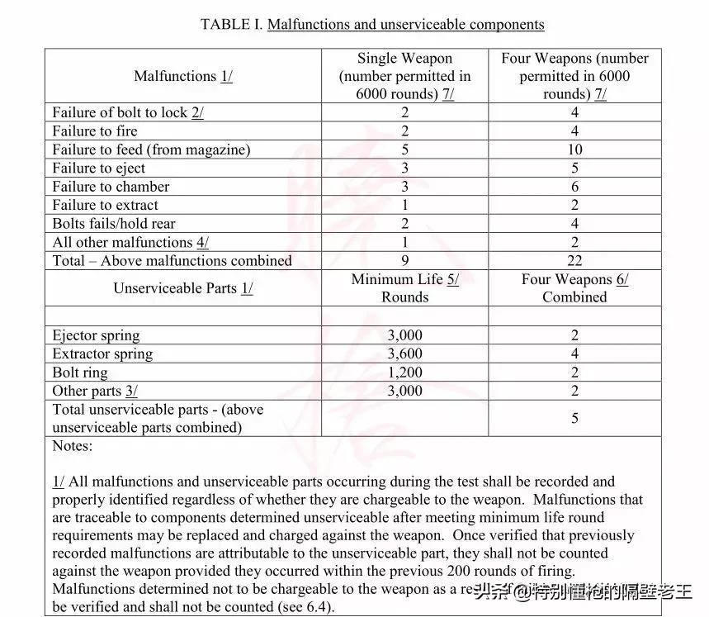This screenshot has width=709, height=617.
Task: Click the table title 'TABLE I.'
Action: pos(231,24)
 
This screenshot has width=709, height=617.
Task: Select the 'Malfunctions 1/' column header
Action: pos(183,76)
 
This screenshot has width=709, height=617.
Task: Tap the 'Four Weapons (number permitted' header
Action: pos(574,59)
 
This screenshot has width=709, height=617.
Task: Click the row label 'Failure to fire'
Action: pos(95,131)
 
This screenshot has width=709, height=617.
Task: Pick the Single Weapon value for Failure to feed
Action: pos(404,150)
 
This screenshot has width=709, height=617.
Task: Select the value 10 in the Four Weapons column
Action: pos(574,150)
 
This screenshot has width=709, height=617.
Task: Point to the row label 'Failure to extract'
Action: pos(105,205)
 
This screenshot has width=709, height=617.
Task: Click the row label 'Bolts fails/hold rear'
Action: pos(113,224)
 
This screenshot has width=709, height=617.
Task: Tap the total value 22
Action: pos(574,260)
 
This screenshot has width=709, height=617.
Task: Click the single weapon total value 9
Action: pos(404,260)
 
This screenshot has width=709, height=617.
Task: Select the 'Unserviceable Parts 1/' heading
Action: pos(182,288)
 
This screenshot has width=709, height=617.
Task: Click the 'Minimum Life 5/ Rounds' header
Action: pos(404,288)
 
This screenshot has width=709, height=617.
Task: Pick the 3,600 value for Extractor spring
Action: pos(404,354)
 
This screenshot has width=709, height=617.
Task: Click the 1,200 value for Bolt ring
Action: pos(404,373)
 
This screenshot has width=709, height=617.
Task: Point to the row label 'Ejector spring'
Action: pos(96,335)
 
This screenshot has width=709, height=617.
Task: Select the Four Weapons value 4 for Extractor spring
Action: pos(574,354)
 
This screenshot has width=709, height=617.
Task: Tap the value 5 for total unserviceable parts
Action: pos(574,419)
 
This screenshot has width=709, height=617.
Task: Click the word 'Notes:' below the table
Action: pos(73,446)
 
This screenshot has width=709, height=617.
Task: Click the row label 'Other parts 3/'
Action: pos(95,391)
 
